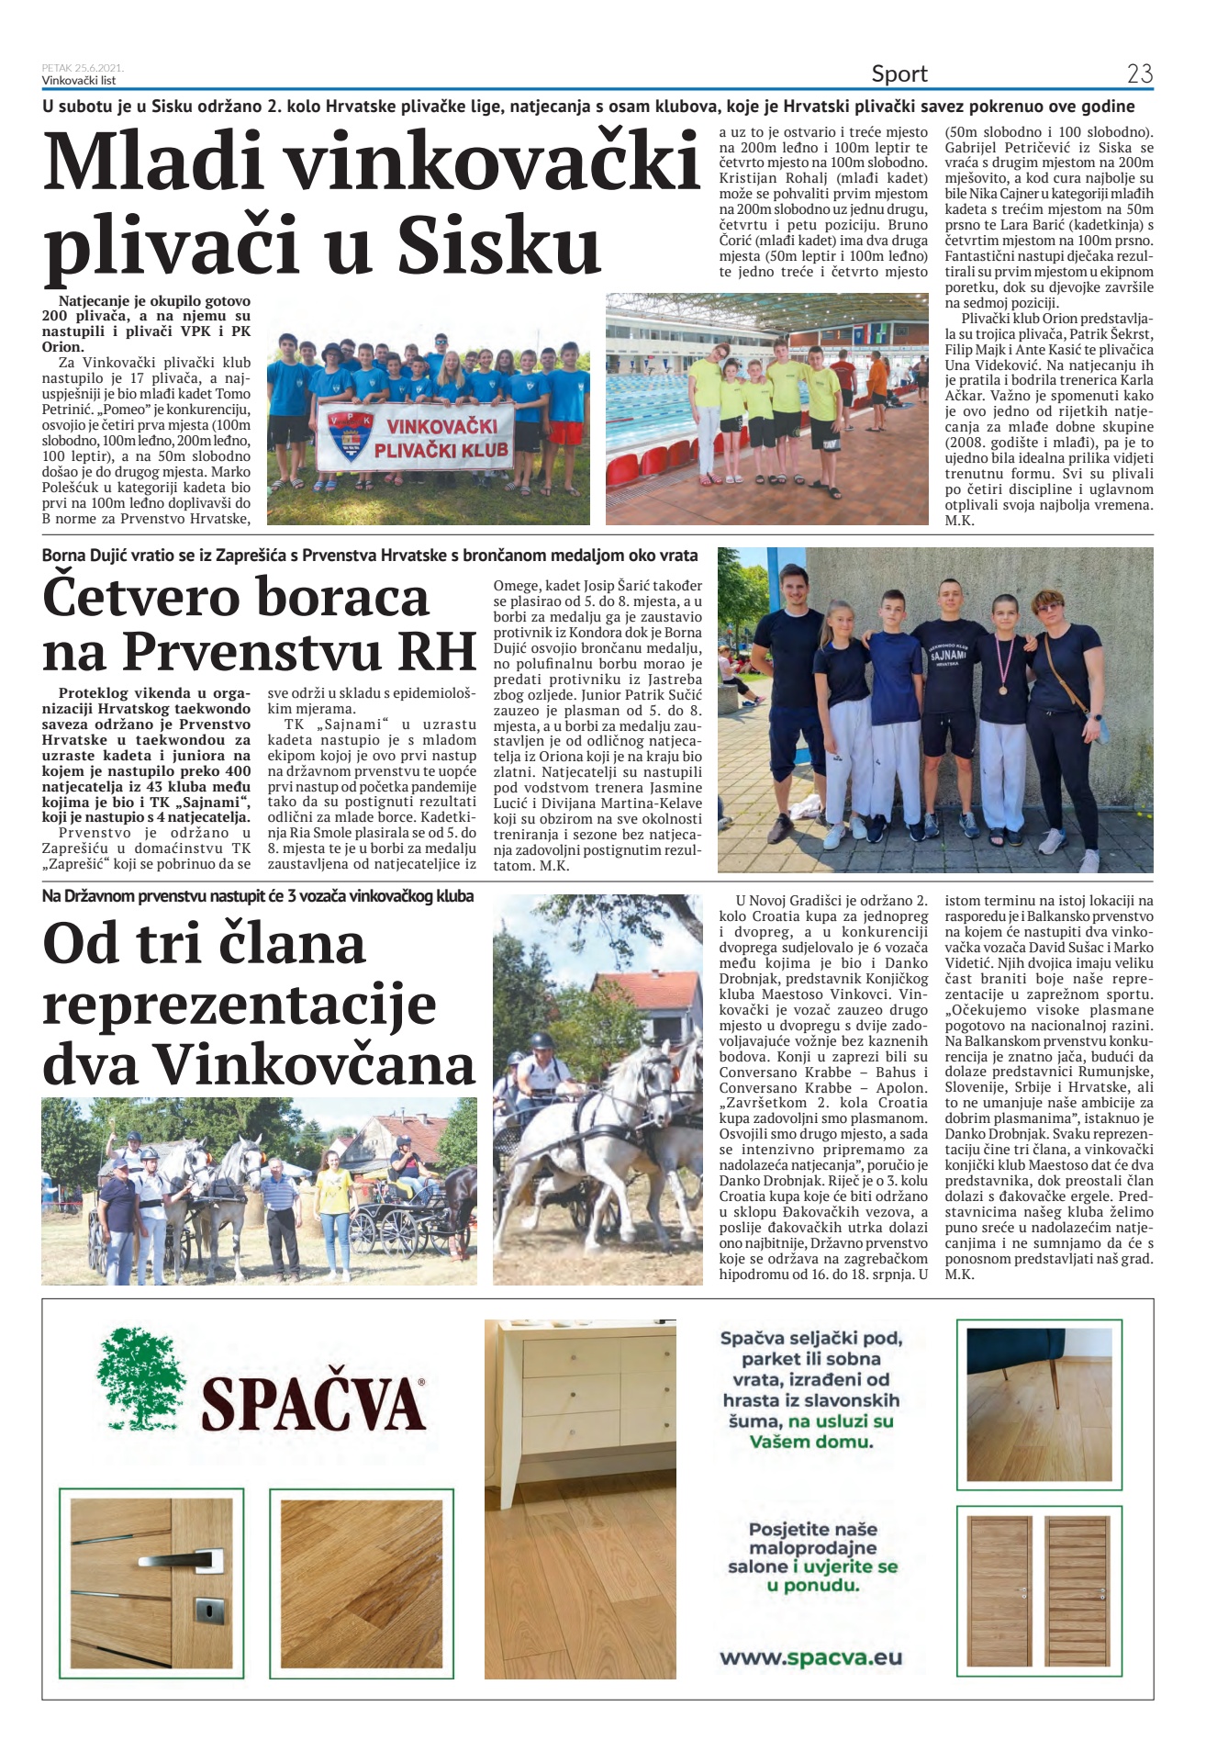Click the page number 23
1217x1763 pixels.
(x=1139, y=73)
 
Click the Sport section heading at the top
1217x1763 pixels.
(x=899, y=73)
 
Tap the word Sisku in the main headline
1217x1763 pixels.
(x=498, y=245)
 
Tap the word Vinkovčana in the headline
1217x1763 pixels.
(x=314, y=1064)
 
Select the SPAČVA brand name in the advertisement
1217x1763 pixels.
(x=312, y=1404)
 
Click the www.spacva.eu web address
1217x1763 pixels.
(x=810, y=1657)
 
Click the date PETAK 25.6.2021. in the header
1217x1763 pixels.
(x=83, y=68)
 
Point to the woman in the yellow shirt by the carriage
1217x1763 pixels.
(x=336, y=1219)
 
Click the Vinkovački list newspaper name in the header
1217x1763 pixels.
(x=79, y=81)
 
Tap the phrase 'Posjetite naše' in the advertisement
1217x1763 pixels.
(x=812, y=1529)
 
